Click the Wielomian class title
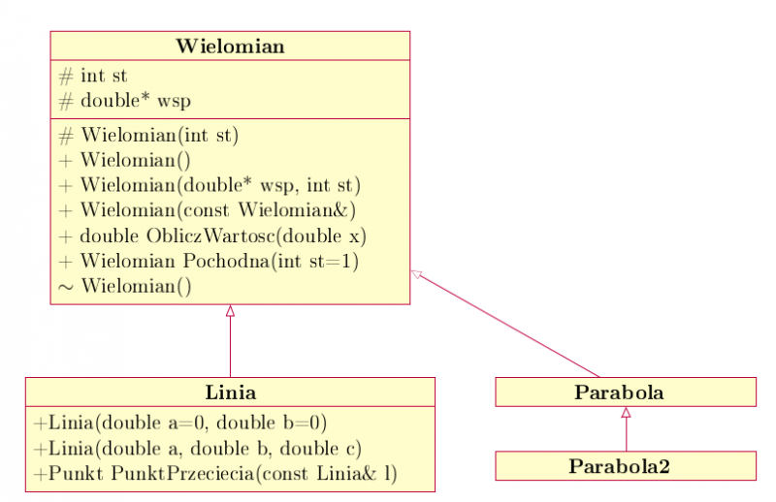230,46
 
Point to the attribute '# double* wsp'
125,100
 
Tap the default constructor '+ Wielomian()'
126,159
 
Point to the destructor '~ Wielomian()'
126,285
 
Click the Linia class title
230,392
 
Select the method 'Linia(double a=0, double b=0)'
180,423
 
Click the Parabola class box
625,392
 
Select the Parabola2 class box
625,465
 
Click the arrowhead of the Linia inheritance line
230,310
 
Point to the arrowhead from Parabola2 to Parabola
626,413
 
